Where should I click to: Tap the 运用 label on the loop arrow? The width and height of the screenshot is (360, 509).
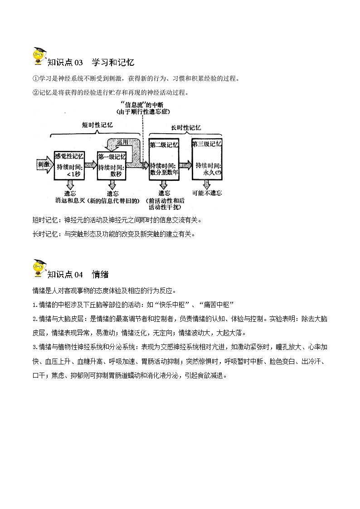(122, 142)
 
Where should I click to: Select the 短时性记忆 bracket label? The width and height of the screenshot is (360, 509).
(97, 125)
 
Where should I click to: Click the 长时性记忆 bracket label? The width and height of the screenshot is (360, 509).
(186, 128)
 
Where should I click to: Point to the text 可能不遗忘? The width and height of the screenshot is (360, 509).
(207, 193)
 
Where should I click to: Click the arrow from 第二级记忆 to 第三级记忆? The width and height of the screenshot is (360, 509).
(185, 164)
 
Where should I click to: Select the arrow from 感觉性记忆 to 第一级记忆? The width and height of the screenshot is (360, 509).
(91, 165)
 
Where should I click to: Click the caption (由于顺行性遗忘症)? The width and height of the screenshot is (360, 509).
(144, 111)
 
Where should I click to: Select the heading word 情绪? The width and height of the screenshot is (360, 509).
(100, 274)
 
